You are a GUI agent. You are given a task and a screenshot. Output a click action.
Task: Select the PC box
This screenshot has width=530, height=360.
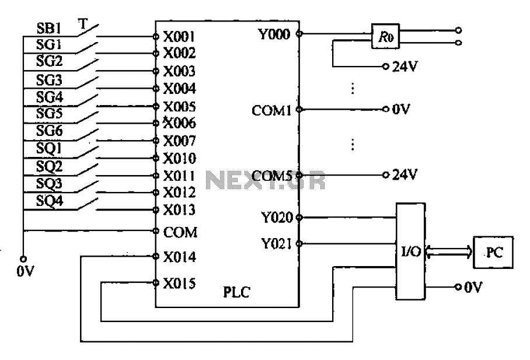point(493,251)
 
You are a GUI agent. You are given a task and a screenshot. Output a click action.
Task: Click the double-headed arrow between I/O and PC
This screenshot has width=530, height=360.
point(449,251)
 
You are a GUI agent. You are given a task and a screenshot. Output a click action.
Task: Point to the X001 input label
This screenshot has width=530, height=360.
point(179,36)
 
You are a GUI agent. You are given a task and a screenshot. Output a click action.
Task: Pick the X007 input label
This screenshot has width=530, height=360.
point(179,141)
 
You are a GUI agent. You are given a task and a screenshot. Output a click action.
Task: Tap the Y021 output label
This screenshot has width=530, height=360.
point(275,243)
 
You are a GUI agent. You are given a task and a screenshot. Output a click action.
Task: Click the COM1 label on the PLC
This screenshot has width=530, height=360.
point(271,109)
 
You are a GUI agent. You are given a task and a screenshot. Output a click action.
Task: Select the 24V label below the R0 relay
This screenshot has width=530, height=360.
point(405,67)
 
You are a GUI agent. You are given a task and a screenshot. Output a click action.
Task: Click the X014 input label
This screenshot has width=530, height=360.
point(179,257)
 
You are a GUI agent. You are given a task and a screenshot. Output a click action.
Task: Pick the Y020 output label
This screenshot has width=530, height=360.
point(275,218)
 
